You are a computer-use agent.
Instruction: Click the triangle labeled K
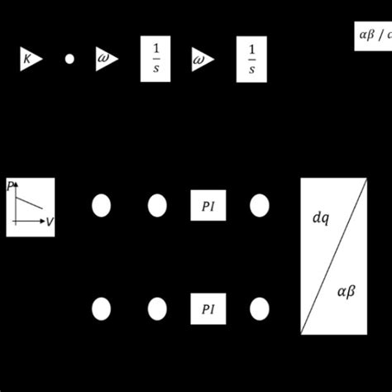(30, 59)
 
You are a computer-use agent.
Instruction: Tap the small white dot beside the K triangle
(69, 59)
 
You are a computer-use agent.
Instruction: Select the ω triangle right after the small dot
(106, 59)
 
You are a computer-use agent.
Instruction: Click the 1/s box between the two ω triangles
(155, 59)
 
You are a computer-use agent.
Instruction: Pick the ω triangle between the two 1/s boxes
(202, 59)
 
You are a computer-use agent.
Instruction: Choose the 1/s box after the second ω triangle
(251, 59)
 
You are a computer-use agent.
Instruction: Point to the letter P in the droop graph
(11, 186)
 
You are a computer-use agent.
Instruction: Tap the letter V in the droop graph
(50, 222)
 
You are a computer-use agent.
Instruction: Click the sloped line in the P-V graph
(31, 199)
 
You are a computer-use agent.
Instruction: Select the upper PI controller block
(208, 205)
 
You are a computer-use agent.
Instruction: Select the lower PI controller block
(208, 308)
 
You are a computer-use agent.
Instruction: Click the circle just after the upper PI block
(260, 205)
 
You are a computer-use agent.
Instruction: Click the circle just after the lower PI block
(260, 308)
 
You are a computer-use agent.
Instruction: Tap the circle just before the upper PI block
(157, 205)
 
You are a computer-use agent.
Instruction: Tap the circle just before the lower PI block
(157, 308)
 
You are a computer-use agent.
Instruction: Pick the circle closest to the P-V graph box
(101, 205)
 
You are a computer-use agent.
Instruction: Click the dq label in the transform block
(320, 218)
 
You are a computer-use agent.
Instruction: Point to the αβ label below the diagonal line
(347, 291)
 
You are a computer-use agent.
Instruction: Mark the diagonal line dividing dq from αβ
(333, 256)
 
